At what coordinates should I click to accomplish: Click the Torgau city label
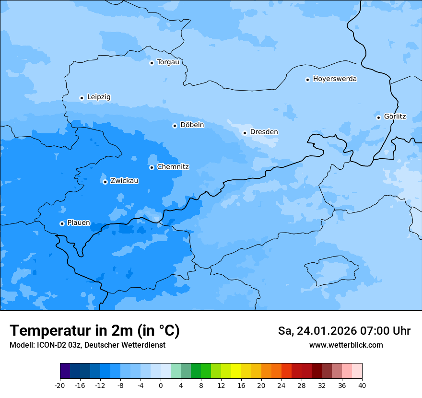pyautogui.click(x=168, y=62)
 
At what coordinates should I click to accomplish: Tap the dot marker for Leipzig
pyautogui.click(x=82, y=98)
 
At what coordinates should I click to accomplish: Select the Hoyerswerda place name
pyautogui.click(x=335, y=79)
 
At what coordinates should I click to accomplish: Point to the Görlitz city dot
pyautogui.click(x=378, y=117)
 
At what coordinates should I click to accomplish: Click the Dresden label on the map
pyautogui.click(x=264, y=132)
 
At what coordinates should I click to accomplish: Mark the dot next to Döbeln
pyautogui.click(x=175, y=126)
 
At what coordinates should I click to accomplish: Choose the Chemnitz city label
pyautogui.click(x=173, y=167)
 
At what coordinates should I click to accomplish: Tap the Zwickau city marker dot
pyautogui.click(x=105, y=182)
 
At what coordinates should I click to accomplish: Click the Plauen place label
pyautogui.click(x=79, y=223)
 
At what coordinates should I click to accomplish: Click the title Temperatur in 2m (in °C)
pyautogui.click(x=94, y=331)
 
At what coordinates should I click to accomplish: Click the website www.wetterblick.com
pyautogui.click(x=346, y=345)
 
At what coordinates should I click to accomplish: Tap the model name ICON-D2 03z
pyautogui.click(x=58, y=345)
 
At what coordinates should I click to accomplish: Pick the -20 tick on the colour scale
pyautogui.click(x=60, y=386)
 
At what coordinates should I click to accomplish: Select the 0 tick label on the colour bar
pyautogui.click(x=161, y=386)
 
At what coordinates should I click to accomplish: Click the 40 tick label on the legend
pyautogui.click(x=362, y=386)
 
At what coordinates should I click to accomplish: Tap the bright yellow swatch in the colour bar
pyautogui.click(x=236, y=371)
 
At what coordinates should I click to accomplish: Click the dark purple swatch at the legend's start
pyautogui.click(x=65, y=371)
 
